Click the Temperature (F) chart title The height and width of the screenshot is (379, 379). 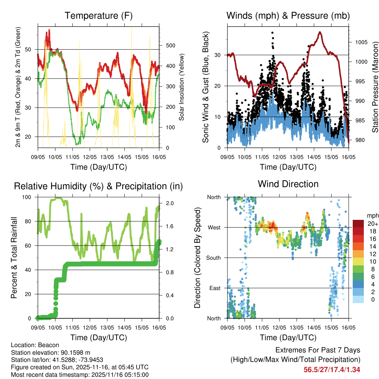[98, 16]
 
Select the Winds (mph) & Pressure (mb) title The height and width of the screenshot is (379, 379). [288, 16]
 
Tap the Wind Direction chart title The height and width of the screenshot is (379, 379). [288, 184]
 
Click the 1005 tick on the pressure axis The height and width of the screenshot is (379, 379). [361, 42]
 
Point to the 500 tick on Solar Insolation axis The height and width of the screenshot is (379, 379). [170, 46]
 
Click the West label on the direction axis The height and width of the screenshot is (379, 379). [214, 228]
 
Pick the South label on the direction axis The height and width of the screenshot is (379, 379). [214, 258]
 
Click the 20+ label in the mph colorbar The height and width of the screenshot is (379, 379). [373, 224]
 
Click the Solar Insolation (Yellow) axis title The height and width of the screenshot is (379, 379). [182, 87]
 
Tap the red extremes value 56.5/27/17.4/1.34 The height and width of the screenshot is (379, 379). [332, 369]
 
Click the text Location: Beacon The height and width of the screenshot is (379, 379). [35, 345]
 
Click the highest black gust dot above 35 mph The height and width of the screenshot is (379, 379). [272, 33]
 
